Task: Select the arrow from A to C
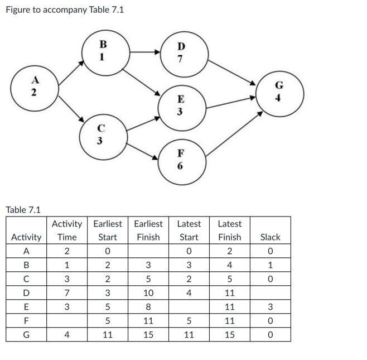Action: click(x=71, y=108)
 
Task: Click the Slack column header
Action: click(x=270, y=237)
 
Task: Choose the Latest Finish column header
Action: click(x=230, y=231)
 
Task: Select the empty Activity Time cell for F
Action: click(x=67, y=321)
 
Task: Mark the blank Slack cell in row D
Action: click(x=270, y=292)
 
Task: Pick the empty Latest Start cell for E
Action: click(x=189, y=307)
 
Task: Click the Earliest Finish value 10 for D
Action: click(x=148, y=292)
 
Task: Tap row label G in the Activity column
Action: click(x=26, y=335)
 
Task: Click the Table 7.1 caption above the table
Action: click(x=23, y=210)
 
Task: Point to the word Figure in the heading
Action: click(x=18, y=11)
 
